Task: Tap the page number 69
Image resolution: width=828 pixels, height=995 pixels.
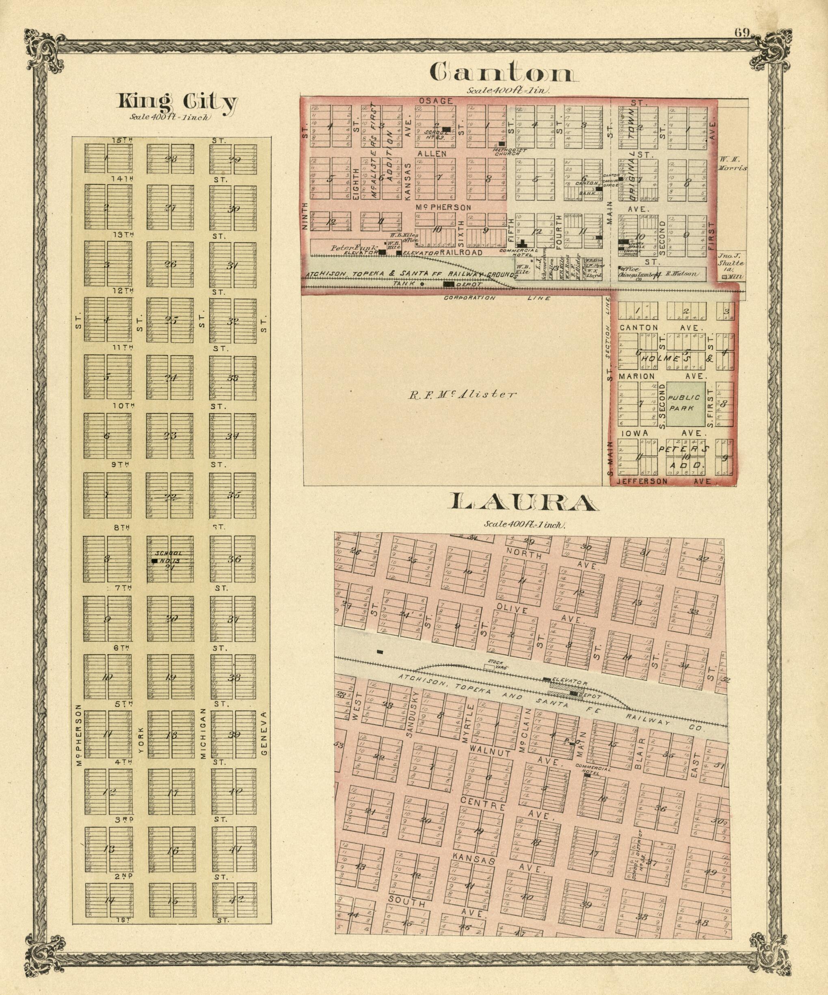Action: (742, 33)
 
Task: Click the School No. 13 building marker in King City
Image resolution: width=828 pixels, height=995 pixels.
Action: (154, 561)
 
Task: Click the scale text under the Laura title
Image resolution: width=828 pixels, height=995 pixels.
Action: (525, 524)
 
